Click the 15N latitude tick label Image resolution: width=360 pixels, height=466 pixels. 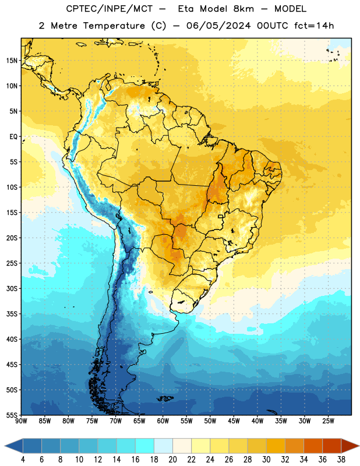pyautogui.click(x=12, y=61)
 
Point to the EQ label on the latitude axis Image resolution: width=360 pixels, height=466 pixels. pyautogui.click(x=13, y=137)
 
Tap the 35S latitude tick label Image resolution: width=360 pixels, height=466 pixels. pyautogui.click(x=12, y=314)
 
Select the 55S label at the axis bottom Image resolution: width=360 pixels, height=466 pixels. pyautogui.click(x=12, y=415)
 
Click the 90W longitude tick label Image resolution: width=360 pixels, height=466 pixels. pyautogui.click(x=21, y=421)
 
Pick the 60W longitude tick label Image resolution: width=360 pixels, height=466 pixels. pyautogui.click(x=163, y=421)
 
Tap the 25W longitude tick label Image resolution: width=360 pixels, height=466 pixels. pyautogui.click(x=328, y=421)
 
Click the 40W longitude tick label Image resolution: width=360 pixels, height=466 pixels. pyautogui.click(x=257, y=421)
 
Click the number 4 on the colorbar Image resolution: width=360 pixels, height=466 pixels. pyautogui.click(x=23, y=460)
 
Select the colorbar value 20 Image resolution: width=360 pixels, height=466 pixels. pyautogui.click(x=172, y=460)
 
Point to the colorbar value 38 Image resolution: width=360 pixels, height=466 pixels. pyautogui.click(x=341, y=460)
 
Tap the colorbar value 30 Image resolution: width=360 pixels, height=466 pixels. pyautogui.click(x=266, y=460)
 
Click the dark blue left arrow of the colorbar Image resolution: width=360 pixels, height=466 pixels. pyautogui.click(x=14, y=446)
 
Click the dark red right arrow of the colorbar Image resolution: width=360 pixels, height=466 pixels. pyautogui.click(x=350, y=446)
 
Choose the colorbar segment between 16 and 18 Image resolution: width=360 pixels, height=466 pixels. pyautogui.click(x=145, y=446)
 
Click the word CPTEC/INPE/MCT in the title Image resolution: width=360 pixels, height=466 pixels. pyautogui.click(x=109, y=9)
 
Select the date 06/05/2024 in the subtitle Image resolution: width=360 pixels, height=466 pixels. pyautogui.click(x=218, y=26)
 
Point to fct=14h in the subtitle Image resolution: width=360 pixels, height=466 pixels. pyautogui.click(x=314, y=26)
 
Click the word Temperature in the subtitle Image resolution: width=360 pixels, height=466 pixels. pyautogui.click(x=114, y=26)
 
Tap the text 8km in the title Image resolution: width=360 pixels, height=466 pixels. pyautogui.click(x=243, y=9)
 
